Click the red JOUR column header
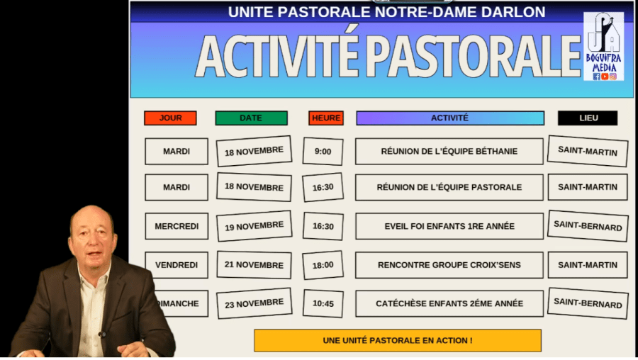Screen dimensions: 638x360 pyautogui.click(x=170, y=118)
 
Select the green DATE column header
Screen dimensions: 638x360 pyautogui.click(x=251, y=118)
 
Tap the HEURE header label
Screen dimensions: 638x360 pyautogui.click(x=326, y=118)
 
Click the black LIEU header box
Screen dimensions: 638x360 pyautogui.click(x=588, y=118)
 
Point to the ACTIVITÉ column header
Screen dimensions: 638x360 pyautogui.click(x=450, y=118)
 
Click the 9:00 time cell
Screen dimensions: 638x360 pyautogui.click(x=323, y=152)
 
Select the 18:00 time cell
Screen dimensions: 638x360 pyautogui.click(x=323, y=265)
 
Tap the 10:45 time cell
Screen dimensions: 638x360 pyautogui.click(x=323, y=303)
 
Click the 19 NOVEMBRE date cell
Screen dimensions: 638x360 pyautogui.click(x=254, y=226)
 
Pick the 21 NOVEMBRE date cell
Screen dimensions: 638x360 pyautogui.click(x=254, y=265)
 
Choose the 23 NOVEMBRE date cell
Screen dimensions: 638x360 pyautogui.click(x=254, y=303)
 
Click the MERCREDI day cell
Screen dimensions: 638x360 pyautogui.click(x=177, y=226)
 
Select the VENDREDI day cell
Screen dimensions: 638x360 pyautogui.click(x=177, y=265)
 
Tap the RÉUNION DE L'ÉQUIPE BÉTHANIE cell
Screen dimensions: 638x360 pyautogui.click(x=449, y=152)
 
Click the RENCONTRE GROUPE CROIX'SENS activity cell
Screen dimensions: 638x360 pyautogui.click(x=449, y=265)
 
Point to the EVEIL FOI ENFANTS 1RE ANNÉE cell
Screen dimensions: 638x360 pyautogui.click(x=449, y=226)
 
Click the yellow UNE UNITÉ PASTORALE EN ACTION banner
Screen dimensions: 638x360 pyautogui.click(x=398, y=340)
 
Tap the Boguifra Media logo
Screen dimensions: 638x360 pyautogui.click(x=604, y=46)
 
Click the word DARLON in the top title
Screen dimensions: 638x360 pyautogui.click(x=513, y=12)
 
